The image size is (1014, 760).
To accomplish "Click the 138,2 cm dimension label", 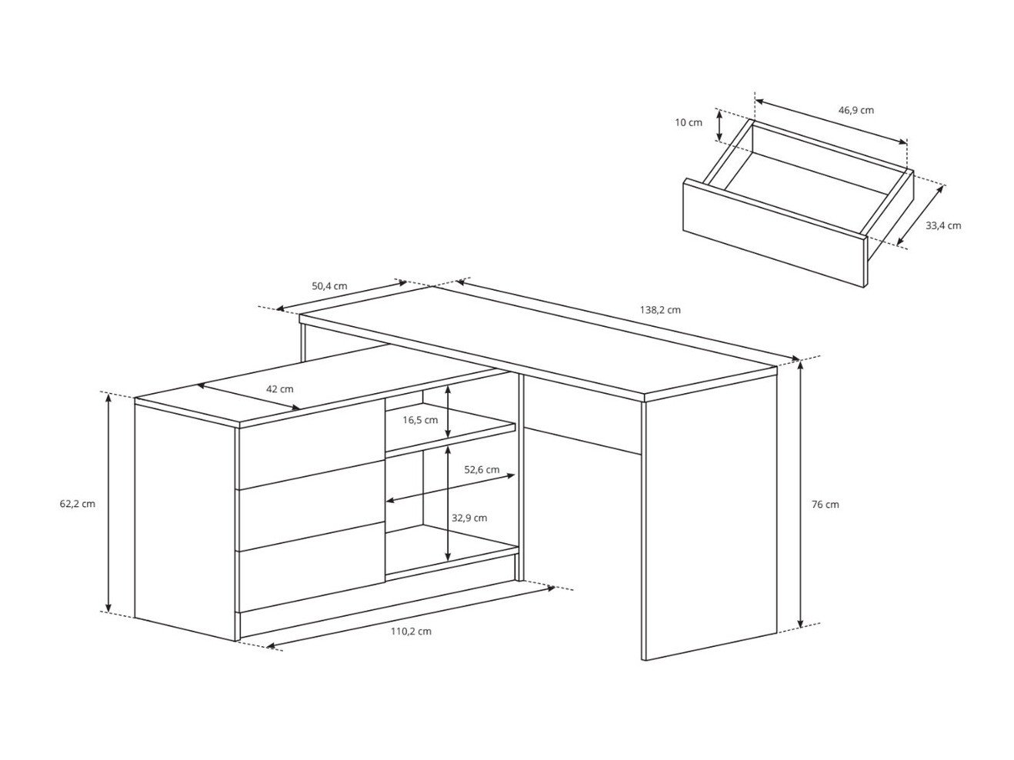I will [x=660, y=310].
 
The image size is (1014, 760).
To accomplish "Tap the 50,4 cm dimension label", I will [x=329, y=286].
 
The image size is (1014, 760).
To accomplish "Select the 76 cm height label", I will [x=826, y=505].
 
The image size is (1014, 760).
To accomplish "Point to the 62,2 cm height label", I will [x=77, y=504].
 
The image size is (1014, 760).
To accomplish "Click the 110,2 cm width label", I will [x=411, y=631].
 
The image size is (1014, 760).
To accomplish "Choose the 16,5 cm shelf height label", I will [x=421, y=420].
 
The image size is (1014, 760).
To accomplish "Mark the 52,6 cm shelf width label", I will [x=482, y=469].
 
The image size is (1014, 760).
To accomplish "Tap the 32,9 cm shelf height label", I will [x=469, y=518].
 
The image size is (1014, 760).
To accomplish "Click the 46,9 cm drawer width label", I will [x=856, y=110].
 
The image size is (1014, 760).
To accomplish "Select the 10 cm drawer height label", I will [x=689, y=122].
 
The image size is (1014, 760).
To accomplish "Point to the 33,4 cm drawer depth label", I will [x=943, y=225].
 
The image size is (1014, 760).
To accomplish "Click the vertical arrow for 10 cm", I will [x=719, y=125].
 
